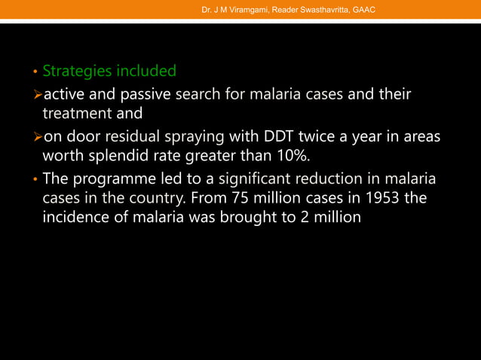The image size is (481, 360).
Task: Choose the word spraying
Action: (204, 139)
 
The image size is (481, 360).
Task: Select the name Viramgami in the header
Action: (240, 9)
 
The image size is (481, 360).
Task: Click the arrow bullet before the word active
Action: (36, 96)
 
